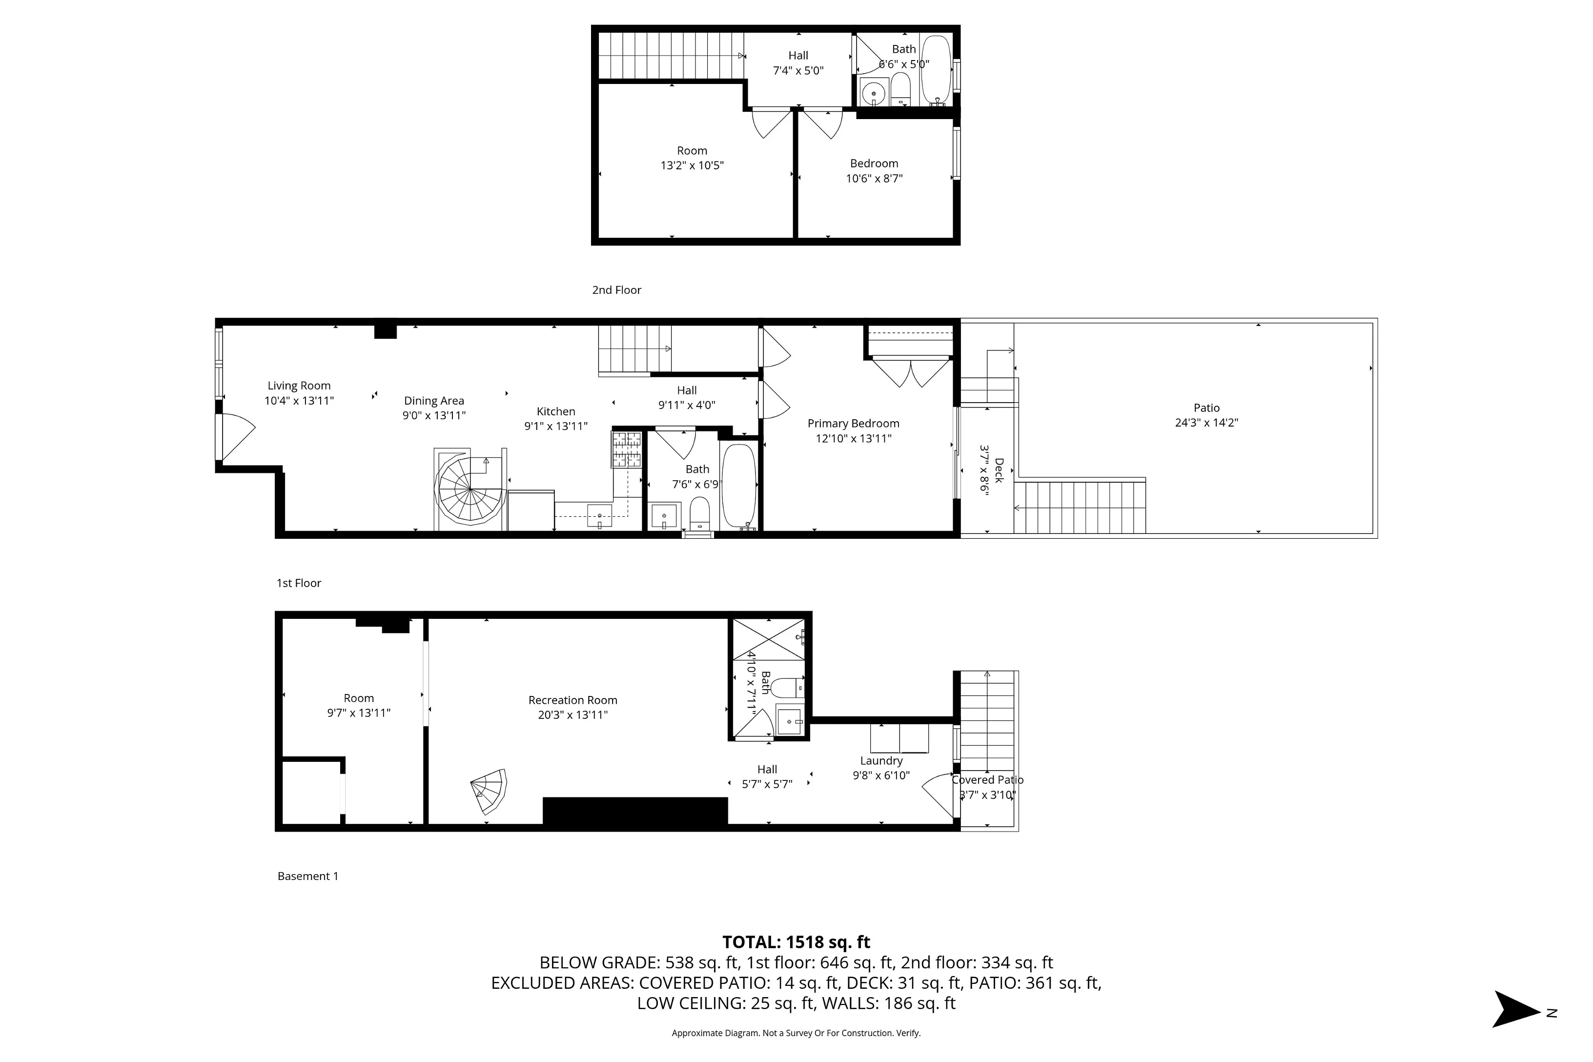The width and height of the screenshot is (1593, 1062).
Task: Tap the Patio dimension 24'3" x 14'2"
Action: point(1206,423)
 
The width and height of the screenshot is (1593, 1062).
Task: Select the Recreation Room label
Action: point(572,700)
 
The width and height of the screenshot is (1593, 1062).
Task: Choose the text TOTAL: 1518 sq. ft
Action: point(796,942)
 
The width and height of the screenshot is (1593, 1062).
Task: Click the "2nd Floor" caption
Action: point(616,290)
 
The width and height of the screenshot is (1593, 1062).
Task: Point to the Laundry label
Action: point(881,760)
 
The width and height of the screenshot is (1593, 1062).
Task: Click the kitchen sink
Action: point(599,516)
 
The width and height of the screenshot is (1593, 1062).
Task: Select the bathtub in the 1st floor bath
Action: point(738,485)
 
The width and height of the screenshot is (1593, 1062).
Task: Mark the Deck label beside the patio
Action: point(999,470)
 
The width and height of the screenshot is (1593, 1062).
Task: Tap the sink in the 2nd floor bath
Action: point(874,93)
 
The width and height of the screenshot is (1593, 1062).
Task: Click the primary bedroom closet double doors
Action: point(911,372)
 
